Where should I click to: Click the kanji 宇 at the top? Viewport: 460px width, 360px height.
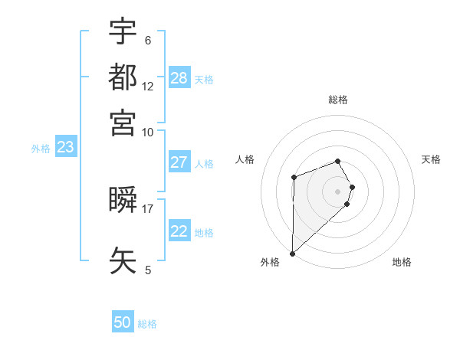coord(123,31)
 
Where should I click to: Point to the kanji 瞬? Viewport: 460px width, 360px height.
coord(123,200)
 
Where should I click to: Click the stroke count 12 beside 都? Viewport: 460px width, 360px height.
coord(148,87)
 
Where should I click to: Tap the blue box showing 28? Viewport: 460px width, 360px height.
coord(179,77)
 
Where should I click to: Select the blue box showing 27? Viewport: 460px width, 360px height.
coord(179,162)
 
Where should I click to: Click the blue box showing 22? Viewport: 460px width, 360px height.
coord(179,231)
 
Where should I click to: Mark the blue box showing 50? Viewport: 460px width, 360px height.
coord(123,322)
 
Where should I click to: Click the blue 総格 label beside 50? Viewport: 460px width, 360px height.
coord(147,324)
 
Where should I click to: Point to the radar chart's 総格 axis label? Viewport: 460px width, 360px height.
coord(338,100)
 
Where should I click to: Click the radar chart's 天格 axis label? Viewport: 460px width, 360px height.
coord(431,159)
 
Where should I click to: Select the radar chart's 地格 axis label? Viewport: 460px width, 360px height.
coord(402,262)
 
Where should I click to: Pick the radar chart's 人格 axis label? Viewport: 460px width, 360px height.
coord(245,159)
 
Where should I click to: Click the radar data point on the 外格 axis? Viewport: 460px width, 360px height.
coord(292,254)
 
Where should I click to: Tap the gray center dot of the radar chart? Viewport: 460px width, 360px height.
coord(338,191)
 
